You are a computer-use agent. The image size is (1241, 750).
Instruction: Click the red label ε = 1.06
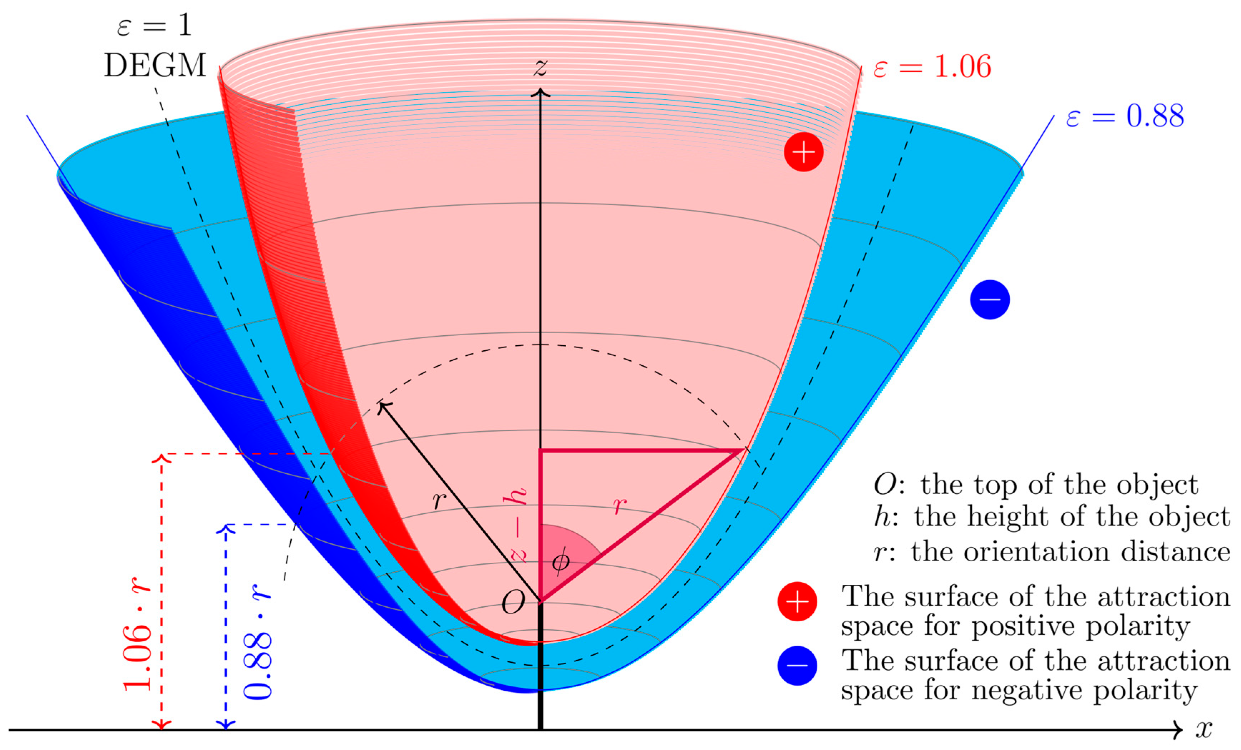coord(932,66)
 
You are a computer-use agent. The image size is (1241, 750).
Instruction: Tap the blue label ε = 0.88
coord(1124,116)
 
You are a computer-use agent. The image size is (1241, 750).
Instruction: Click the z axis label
coord(541,67)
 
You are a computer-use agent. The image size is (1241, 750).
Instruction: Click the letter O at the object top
coord(513,602)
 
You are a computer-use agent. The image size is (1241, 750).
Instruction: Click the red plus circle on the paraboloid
coord(804,152)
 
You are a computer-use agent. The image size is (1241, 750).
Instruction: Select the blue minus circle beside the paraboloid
coord(990,300)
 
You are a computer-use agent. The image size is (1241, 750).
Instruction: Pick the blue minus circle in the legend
coord(797,665)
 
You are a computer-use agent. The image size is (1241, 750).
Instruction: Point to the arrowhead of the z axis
coord(541,92)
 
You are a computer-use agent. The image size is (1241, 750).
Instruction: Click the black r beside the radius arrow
coord(439,500)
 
